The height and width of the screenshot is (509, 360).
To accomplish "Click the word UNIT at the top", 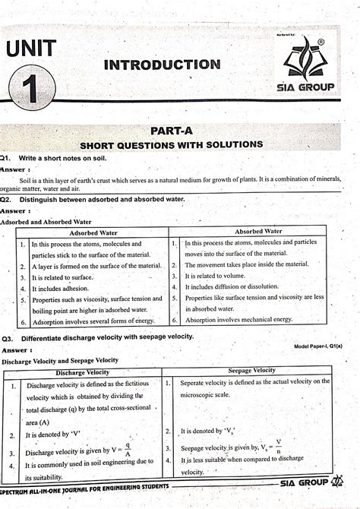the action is point(30,49).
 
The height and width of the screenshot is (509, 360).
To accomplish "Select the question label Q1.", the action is point(8,157).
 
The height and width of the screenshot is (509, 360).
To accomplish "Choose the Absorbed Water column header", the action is point(258,231).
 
